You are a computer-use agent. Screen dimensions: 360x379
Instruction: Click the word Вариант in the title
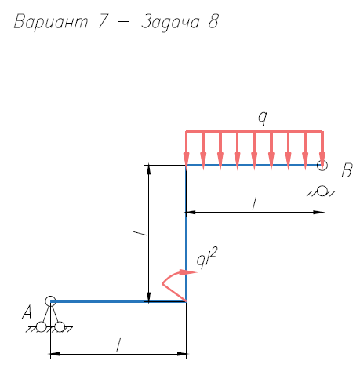51,21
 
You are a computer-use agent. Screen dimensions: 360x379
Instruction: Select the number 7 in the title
103,21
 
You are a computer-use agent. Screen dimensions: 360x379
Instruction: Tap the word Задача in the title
170,23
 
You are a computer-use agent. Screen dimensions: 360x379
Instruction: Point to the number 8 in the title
213,21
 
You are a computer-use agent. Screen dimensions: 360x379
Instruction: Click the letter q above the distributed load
263,118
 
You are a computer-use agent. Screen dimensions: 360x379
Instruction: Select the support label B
347,170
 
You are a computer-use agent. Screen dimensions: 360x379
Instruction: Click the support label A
27,312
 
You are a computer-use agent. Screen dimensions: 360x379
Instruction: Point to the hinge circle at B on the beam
322,166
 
